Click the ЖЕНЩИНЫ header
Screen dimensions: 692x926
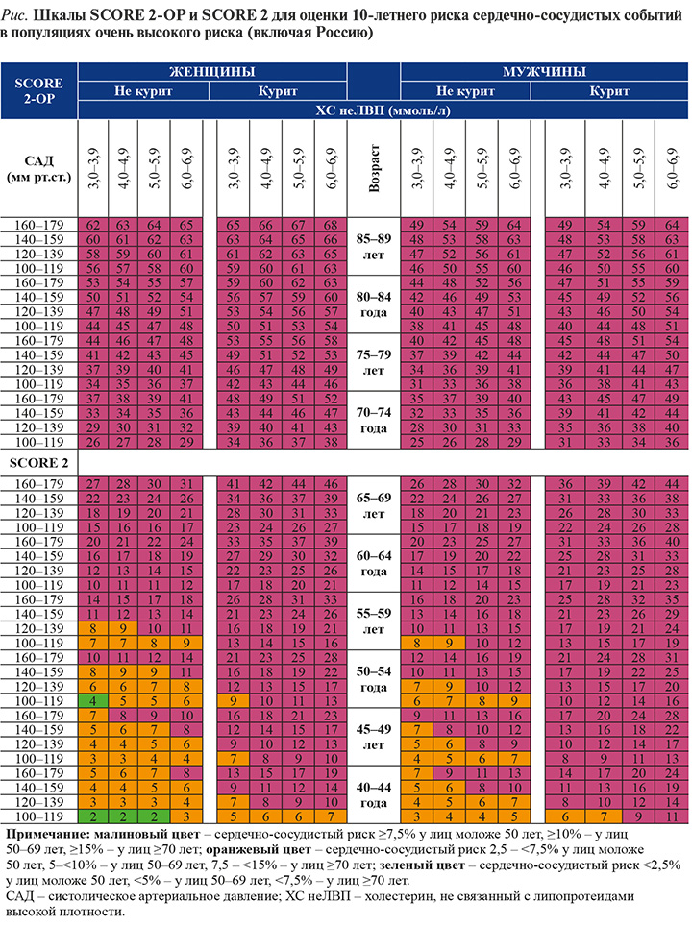coord(212,72)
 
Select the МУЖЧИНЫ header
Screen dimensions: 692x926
coord(544,72)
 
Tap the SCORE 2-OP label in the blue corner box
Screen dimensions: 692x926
coord(39,90)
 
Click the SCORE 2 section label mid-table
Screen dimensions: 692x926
coord(39,463)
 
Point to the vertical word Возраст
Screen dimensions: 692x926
coord(374,168)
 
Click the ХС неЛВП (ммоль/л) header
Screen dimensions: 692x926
coord(383,110)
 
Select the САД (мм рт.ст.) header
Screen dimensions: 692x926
coord(39,168)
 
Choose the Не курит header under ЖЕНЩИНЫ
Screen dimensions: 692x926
coord(143,91)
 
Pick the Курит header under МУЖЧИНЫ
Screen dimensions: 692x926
coord(609,91)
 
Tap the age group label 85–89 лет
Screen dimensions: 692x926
coord(374,247)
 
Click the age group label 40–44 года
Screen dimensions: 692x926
coord(374,795)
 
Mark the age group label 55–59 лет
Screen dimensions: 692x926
coord(374,621)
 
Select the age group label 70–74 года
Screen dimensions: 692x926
coord(374,420)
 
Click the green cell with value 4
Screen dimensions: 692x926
coord(93,701)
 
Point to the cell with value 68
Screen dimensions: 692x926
coord(331,225)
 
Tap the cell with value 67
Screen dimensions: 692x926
coord(298,225)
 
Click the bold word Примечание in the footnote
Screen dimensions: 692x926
coord(43,835)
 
